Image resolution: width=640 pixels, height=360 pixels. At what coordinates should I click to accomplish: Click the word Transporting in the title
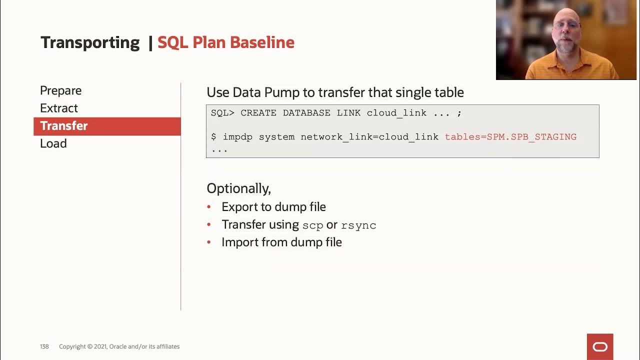pos(90,42)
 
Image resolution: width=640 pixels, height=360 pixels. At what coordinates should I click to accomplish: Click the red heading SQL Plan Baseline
pos(226,42)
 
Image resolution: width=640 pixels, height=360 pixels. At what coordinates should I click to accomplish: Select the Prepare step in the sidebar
pos(60,90)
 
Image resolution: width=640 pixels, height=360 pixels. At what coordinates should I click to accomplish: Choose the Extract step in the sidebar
pos(59,108)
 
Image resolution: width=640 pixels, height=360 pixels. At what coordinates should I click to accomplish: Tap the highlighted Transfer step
pos(64,126)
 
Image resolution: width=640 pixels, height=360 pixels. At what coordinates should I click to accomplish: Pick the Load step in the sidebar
pos(53,143)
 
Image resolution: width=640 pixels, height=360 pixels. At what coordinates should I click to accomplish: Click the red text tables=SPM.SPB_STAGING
pos(510,136)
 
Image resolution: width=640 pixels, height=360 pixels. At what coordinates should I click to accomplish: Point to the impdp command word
pos(237,136)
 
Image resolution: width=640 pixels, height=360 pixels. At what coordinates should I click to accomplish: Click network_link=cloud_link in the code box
pos(369,136)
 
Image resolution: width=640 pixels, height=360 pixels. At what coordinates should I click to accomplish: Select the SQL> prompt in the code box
pos(222,113)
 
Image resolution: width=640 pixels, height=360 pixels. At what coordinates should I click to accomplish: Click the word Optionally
pos(238,188)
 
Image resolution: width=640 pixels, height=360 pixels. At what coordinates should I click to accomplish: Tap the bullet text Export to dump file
pos(273,207)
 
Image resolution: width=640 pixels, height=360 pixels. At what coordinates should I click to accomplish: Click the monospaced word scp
pos(312,225)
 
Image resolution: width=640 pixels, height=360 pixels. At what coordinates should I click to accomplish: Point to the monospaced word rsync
pos(358,225)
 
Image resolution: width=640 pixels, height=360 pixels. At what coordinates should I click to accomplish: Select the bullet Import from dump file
pos(281,242)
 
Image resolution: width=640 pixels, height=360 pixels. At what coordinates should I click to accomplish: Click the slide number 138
pos(44,346)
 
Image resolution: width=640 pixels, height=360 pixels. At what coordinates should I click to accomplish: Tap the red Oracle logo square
pos(599,346)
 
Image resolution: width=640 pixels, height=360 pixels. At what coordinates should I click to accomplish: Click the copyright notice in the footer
pos(119,346)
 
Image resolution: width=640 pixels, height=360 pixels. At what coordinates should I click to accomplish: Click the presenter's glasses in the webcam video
pos(566,25)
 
